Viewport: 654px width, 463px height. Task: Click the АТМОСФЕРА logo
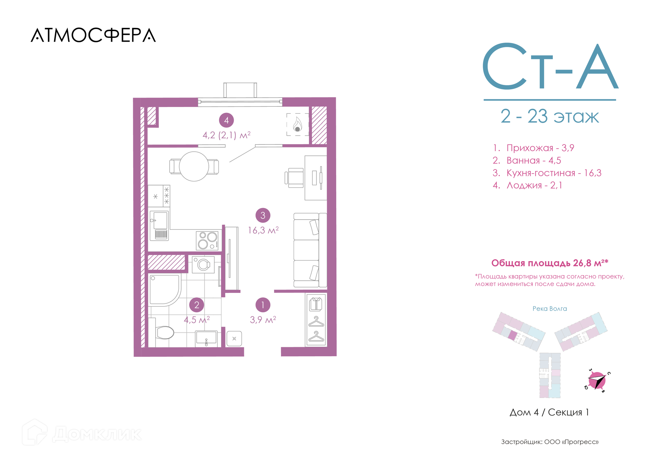[93, 35]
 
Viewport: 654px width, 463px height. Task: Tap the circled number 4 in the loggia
[227, 120]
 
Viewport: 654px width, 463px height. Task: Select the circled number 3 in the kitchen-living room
[263, 215]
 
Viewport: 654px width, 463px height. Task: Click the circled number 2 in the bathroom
[197, 305]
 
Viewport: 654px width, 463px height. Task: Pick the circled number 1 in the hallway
[263, 305]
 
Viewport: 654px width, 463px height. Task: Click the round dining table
[194, 166]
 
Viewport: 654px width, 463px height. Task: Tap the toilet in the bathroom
[161, 332]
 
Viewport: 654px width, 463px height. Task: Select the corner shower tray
[165, 290]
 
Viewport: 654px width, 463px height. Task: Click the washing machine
[203, 264]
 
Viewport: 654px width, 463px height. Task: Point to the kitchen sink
[159, 225]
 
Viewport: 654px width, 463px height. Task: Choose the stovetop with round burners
[207, 240]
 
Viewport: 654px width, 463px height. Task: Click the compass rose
[597, 380]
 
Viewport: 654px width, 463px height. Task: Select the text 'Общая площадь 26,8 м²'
[549, 263]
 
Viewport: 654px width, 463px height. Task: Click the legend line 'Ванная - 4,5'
[527, 160]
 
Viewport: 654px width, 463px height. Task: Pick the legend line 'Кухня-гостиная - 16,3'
[547, 173]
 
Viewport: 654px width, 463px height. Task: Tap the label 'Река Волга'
[550, 309]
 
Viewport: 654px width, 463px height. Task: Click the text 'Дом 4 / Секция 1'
[549, 412]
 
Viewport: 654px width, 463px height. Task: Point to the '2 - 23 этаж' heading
[549, 116]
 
